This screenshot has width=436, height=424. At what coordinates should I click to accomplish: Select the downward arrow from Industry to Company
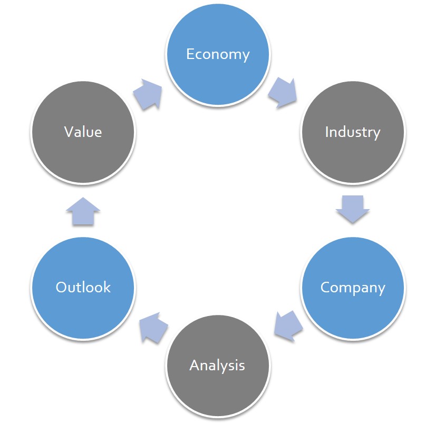click(352, 208)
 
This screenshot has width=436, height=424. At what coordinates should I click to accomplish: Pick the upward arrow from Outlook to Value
click(83, 211)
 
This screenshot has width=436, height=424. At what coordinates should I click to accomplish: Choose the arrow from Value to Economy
click(148, 93)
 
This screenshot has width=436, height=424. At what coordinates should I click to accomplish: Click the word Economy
click(218, 54)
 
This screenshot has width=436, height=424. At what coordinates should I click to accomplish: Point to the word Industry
click(352, 132)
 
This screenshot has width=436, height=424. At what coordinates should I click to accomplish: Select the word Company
click(352, 288)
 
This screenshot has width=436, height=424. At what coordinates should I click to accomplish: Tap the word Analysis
click(217, 365)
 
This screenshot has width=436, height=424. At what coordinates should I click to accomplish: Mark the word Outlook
click(83, 287)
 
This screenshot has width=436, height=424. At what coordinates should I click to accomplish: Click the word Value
click(83, 131)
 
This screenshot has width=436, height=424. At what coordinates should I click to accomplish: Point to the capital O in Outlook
click(62, 287)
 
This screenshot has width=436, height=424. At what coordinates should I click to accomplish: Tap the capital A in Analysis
click(195, 364)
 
